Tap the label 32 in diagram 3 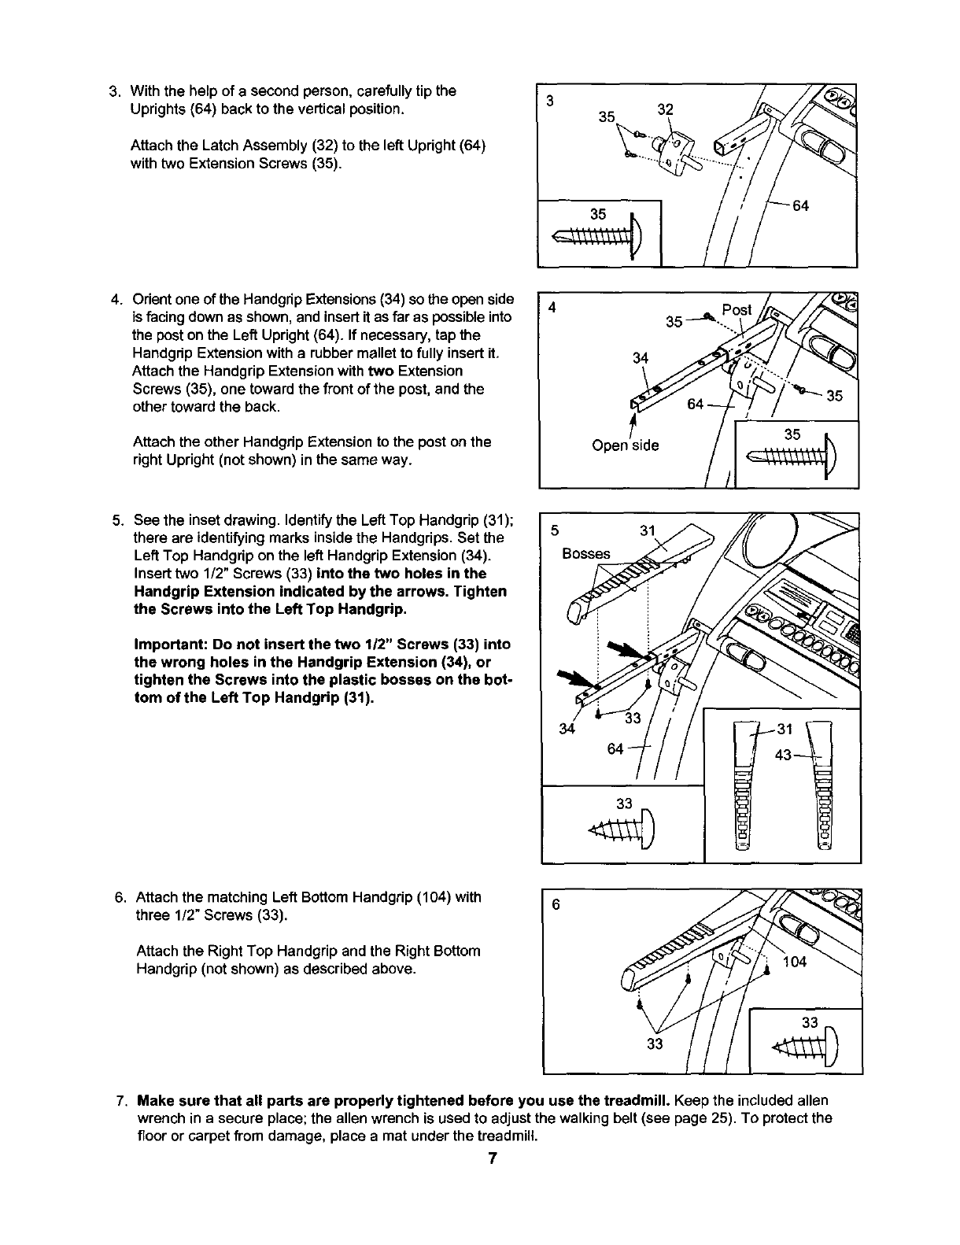665,109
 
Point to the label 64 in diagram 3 800,206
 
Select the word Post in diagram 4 737,309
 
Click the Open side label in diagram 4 625,445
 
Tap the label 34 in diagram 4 641,359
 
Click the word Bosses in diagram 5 585,553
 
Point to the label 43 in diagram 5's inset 784,755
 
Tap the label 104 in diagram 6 795,961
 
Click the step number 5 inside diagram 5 554,530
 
